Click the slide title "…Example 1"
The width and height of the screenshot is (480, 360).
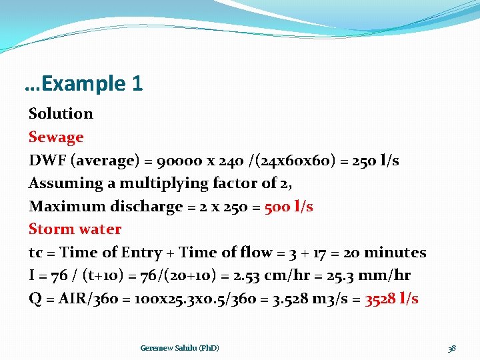(83, 84)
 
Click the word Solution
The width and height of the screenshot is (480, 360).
(61, 114)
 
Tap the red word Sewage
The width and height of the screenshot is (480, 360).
(56, 137)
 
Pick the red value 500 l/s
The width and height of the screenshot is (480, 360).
(289, 207)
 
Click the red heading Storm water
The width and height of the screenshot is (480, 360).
(75, 229)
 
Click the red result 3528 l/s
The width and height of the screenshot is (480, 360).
(391, 299)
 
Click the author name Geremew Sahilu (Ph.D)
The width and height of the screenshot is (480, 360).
(179, 348)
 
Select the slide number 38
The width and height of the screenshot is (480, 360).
(451, 348)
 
